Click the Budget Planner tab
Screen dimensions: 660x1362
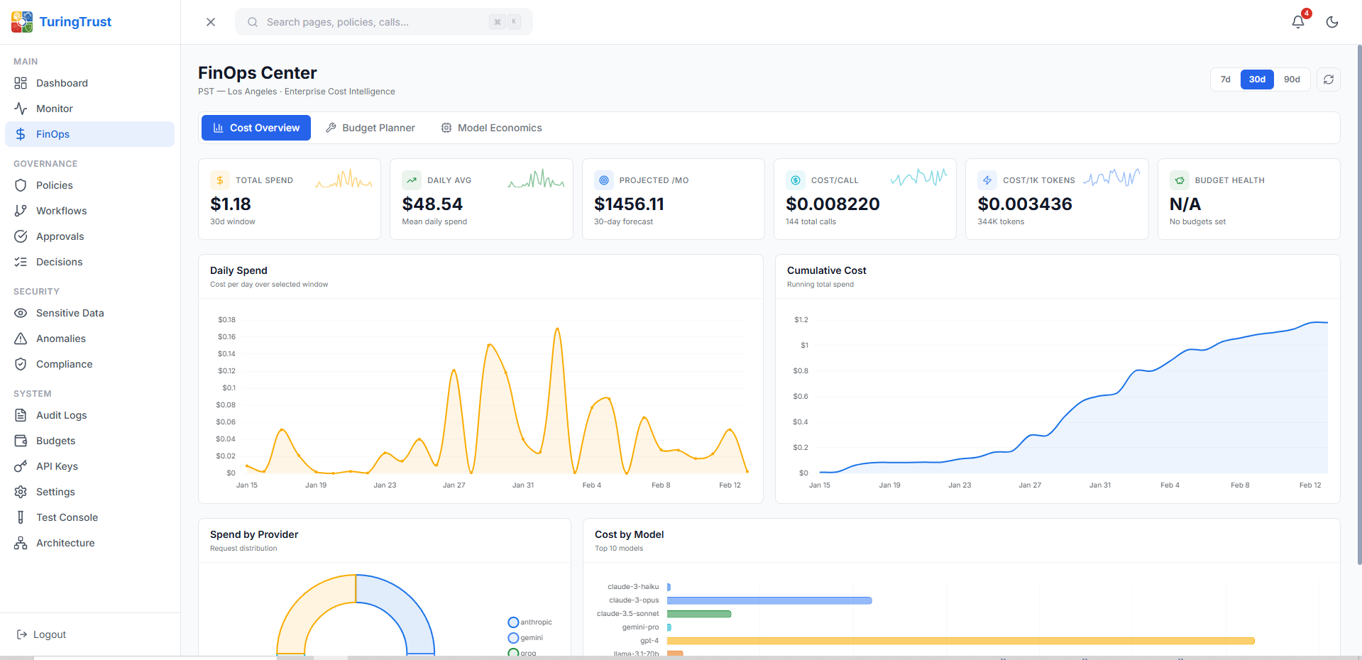click(370, 128)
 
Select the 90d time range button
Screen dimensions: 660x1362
click(1292, 79)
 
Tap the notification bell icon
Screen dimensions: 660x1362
click(1297, 22)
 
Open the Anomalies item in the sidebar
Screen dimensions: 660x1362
click(60, 339)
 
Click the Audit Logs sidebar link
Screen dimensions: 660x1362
click(61, 415)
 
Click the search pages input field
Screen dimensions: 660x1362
click(376, 22)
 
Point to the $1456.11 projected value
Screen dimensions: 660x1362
click(629, 204)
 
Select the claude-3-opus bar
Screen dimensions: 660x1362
click(769, 600)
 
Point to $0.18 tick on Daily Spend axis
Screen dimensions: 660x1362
click(226, 320)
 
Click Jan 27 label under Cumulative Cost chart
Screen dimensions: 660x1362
click(1029, 485)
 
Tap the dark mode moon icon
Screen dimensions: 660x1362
click(1332, 22)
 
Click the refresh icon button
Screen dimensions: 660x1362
click(1329, 79)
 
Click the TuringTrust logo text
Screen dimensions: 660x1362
click(75, 22)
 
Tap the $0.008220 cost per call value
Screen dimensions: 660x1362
click(833, 204)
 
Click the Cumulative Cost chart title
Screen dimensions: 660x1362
click(826, 270)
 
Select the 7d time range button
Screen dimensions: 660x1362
click(1225, 79)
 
